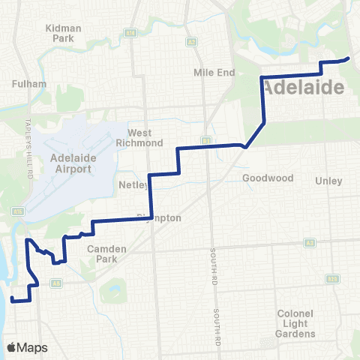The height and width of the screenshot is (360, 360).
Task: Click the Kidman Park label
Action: coord(63,32)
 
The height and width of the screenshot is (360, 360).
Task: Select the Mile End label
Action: coord(214,73)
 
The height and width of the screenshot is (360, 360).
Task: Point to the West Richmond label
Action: coord(139,137)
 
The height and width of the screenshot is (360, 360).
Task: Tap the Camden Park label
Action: coord(106,253)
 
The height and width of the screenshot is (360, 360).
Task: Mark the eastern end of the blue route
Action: coord(348,58)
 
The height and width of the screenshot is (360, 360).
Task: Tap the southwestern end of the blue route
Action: coord(12,299)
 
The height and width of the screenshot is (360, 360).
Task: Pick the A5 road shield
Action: coord(57,283)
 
